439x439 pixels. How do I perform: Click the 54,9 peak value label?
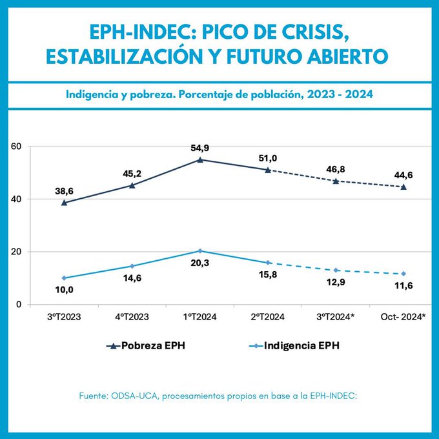199,147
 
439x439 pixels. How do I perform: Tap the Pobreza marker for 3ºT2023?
64,203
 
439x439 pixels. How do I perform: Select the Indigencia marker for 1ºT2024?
200,250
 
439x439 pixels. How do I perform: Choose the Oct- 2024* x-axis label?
403,317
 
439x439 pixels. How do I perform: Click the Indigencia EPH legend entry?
296,346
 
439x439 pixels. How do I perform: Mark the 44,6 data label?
403,175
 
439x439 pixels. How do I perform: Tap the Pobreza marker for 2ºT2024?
267,170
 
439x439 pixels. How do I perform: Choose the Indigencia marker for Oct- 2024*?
403,274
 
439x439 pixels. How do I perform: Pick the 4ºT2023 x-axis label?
132,317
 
